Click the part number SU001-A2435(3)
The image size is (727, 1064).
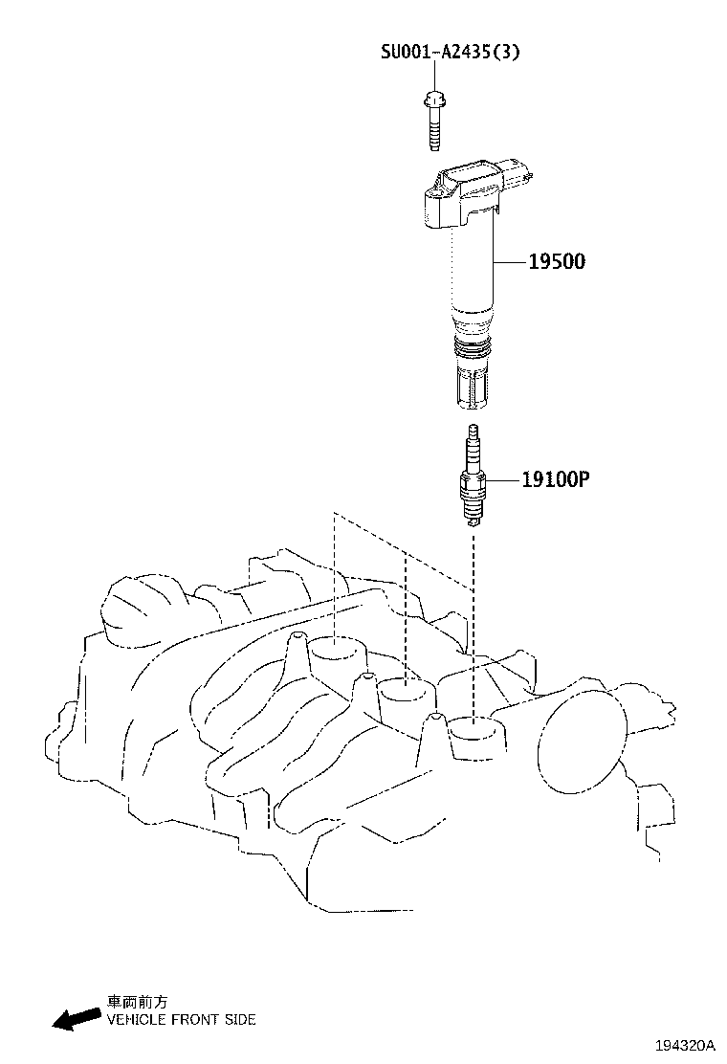tap(450, 53)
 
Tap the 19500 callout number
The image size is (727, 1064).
tap(557, 261)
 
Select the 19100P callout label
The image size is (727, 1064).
tap(555, 478)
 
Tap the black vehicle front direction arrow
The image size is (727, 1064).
tap(76, 1018)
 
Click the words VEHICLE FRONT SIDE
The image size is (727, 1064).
tap(181, 1020)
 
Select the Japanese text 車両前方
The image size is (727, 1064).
tap(137, 1002)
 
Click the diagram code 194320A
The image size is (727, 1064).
tap(685, 1045)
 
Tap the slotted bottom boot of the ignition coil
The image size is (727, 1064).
tap(470, 387)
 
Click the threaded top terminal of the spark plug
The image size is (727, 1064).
tap(472, 441)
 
